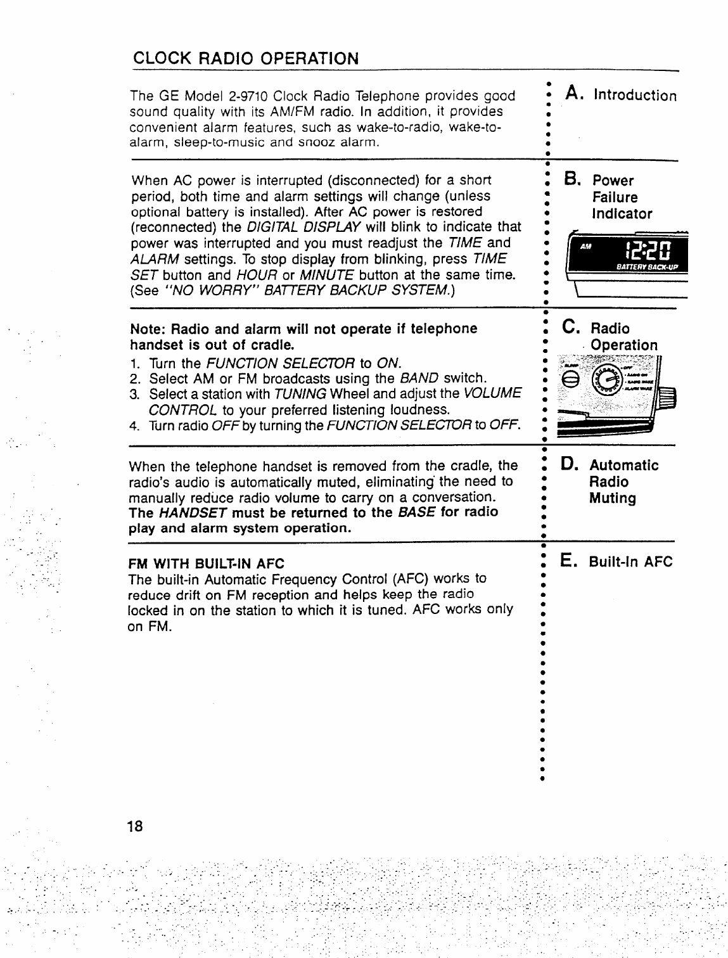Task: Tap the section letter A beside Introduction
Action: (x=574, y=94)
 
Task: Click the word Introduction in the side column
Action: (x=635, y=96)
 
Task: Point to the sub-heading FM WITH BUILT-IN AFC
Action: (x=207, y=563)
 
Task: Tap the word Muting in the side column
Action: (x=612, y=498)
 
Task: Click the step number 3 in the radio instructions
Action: (x=134, y=394)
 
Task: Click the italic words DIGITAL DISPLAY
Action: (x=303, y=227)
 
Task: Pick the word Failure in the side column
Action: (x=615, y=197)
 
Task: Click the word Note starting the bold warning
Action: (x=146, y=329)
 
